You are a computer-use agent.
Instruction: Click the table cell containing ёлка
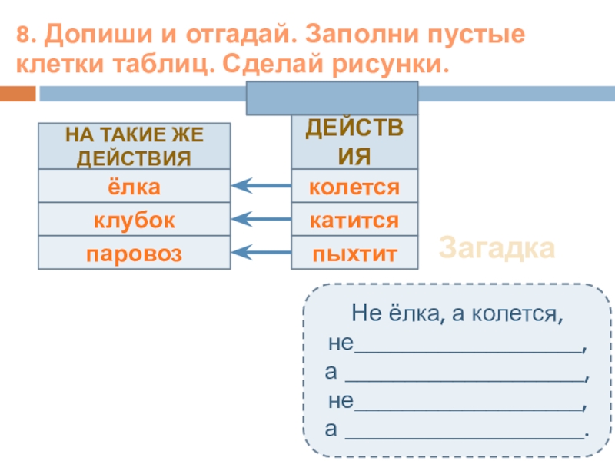click(134, 186)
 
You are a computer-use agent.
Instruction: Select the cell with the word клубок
click(134, 219)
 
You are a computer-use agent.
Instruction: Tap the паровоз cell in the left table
click(134, 253)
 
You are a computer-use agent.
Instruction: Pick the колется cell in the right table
click(354, 186)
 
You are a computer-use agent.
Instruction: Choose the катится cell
click(354, 219)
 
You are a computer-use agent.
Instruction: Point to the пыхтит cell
click(354, 253)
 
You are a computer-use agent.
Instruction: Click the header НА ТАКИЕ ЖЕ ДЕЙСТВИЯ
click(134, 146)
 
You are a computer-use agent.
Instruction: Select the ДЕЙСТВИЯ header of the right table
click(354, 142)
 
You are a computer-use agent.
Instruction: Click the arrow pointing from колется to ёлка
click(261, 185)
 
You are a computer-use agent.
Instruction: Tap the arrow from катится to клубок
click(261, 219)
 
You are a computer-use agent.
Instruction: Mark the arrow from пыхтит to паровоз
click(261, 252)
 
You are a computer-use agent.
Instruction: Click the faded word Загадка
click(497, 248)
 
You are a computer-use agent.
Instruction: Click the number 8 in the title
click(23, 34)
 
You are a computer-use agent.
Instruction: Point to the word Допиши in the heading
click(98, 34)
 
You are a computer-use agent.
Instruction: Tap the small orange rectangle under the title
click(18, 94)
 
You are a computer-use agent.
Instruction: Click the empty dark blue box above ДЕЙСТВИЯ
click(332, 98)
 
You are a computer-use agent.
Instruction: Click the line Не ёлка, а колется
click(457, 313)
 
